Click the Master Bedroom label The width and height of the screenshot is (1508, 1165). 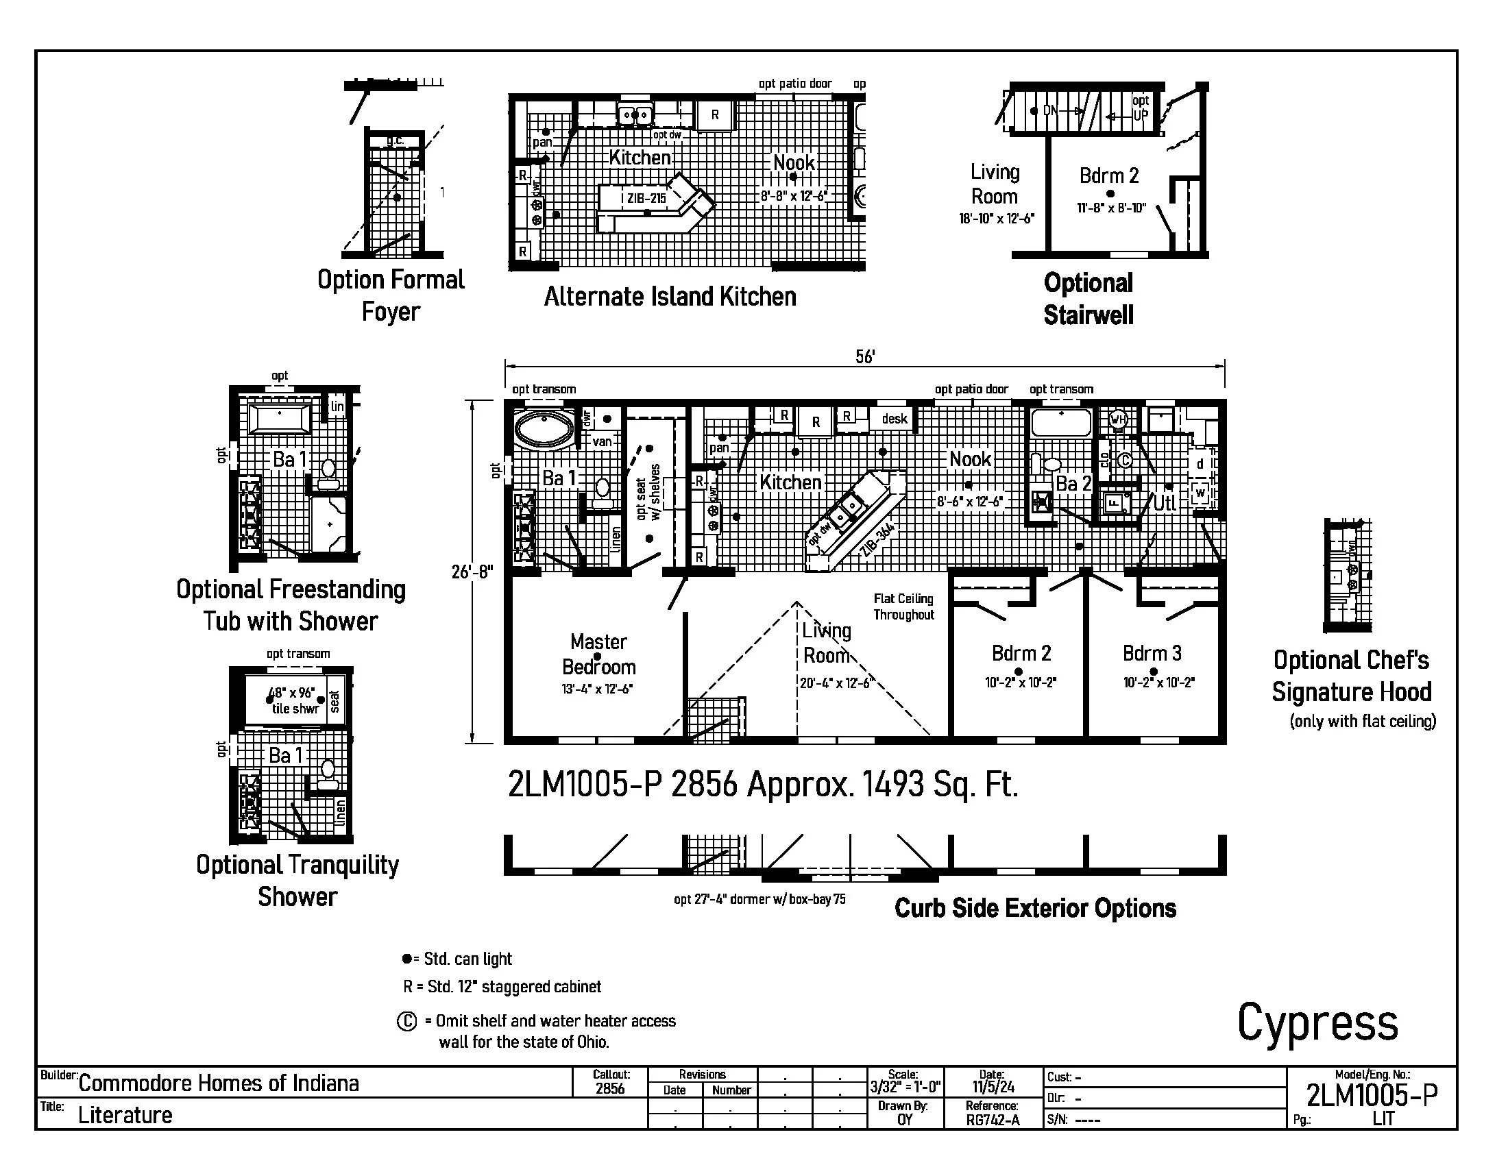[598, 654]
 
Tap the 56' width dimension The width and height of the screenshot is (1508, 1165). [864, 356]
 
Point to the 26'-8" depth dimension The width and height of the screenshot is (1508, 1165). [473, 572]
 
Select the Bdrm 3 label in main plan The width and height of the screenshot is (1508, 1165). [1152, 653]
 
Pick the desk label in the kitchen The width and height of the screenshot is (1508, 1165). [894, 419]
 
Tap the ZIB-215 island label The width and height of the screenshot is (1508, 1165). [646, 199]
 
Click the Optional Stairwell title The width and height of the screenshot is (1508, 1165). [1089, 299]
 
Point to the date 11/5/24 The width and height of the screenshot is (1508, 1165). [993, 1087]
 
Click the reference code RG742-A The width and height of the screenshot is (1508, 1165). [993, 1120]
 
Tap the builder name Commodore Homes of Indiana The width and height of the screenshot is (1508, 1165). [218, 1083]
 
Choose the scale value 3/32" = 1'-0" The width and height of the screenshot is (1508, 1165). [905, 1087]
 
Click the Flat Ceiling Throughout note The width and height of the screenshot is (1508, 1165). [903, 606]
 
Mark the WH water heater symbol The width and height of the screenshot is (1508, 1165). [1119, 419]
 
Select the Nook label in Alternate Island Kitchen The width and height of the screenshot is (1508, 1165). [793, 163]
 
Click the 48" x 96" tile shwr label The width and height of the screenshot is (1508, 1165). [293, 700]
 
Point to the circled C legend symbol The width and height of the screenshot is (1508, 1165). [406, 1021]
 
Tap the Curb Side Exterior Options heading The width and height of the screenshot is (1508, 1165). [1035, 908]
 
